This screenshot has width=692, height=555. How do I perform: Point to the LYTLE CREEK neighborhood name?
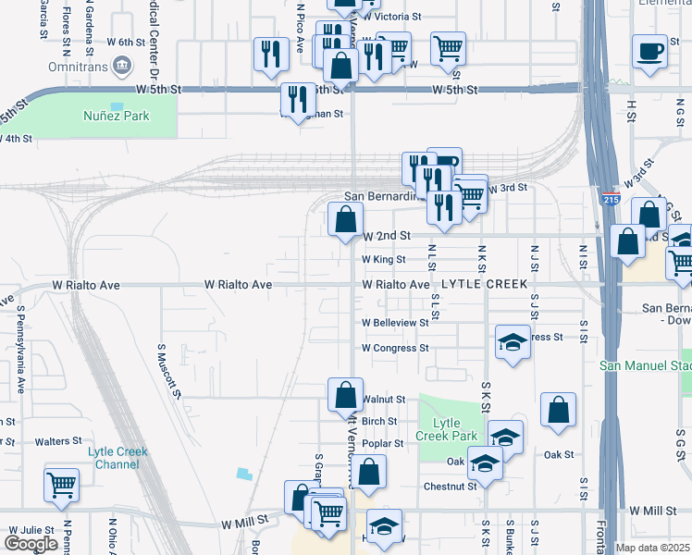click(485, 284)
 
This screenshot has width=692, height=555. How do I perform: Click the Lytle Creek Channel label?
click(117, 458)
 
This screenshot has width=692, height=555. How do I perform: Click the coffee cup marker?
click(649, 51)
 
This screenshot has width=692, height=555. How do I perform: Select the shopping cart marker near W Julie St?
click(61, 484)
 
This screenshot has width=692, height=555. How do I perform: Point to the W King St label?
click(383, 260)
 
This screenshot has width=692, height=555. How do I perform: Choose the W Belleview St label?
click(395, 323)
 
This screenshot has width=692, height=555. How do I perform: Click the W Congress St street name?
click(395, 349)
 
